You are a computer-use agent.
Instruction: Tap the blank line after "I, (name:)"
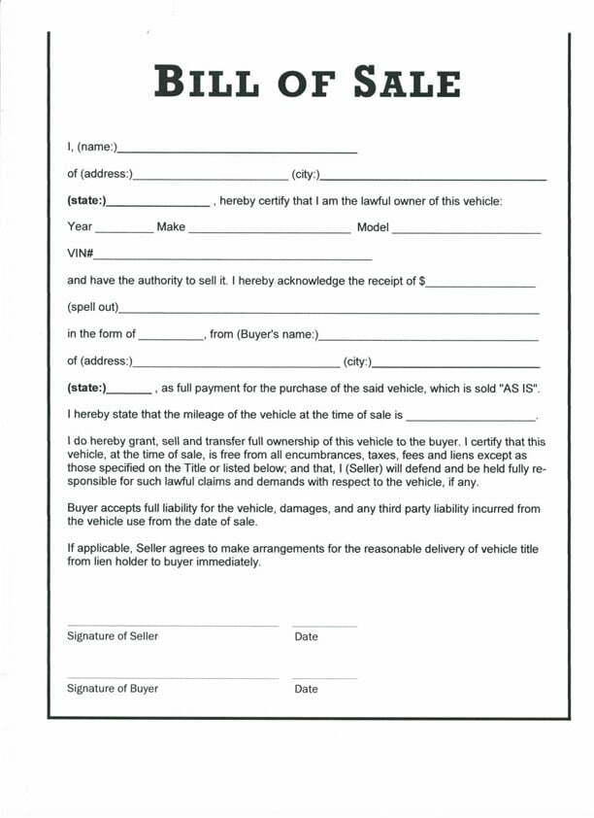tap(237, 153)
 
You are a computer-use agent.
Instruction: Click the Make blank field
tap(269, 233)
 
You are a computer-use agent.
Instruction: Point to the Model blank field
tap(466, 233)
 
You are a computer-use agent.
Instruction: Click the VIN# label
tap(80, 254)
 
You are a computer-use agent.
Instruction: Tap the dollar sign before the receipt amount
tap(422, 281)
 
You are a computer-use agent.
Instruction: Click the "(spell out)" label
tap(92, 307)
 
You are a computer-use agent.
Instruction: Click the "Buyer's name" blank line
tap(428, 339)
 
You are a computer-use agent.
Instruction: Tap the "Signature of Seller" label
tap(113, 636)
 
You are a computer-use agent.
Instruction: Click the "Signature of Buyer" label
tap(113, 689)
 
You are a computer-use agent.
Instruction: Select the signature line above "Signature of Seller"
tap(173, 626)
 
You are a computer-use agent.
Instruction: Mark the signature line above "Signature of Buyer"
tap(173, 678)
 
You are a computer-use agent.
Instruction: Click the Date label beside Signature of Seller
tap(306, 637)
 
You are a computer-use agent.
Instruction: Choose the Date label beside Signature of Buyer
tap(306, 690)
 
